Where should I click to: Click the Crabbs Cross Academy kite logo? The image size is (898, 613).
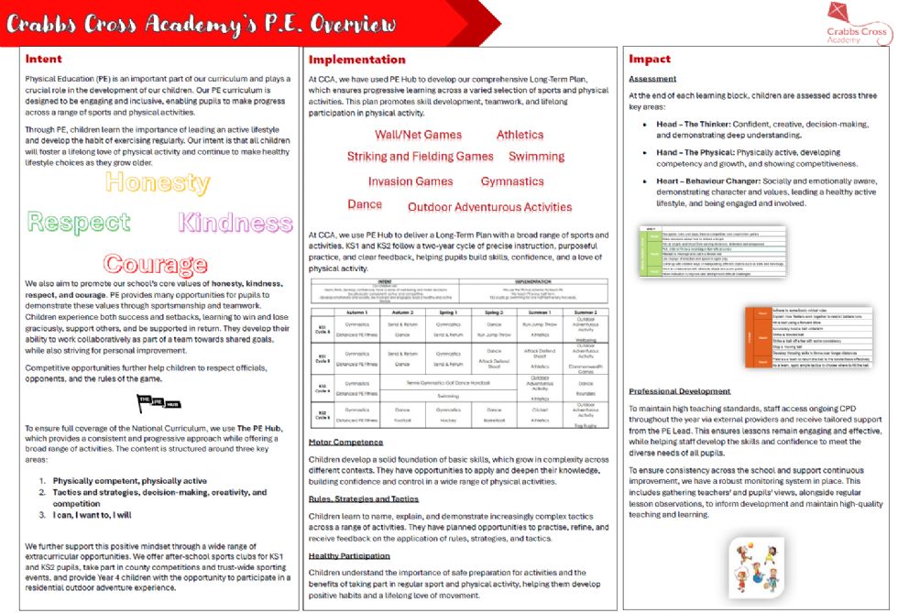point(857,23)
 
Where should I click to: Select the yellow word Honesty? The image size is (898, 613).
point(157,181)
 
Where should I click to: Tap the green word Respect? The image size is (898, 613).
point(79,222)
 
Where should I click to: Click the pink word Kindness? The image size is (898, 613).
point(235,222)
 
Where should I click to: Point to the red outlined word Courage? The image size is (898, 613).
point(156,265)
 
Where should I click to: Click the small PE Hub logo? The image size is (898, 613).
point(159,400)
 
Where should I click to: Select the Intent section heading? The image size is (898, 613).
point(44,59)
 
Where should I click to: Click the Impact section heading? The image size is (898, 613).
point(650,59)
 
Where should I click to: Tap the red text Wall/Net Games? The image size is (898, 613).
point(418,135)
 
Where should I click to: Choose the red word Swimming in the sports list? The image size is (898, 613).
point(536,157)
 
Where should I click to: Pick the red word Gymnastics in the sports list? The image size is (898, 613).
point(512,181)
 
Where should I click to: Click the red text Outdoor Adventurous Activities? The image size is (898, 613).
point(489,207)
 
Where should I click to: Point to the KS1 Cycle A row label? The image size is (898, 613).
point(323,330)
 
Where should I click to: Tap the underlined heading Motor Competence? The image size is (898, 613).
point(345,442)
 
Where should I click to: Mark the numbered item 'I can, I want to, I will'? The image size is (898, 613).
point(92,515)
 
